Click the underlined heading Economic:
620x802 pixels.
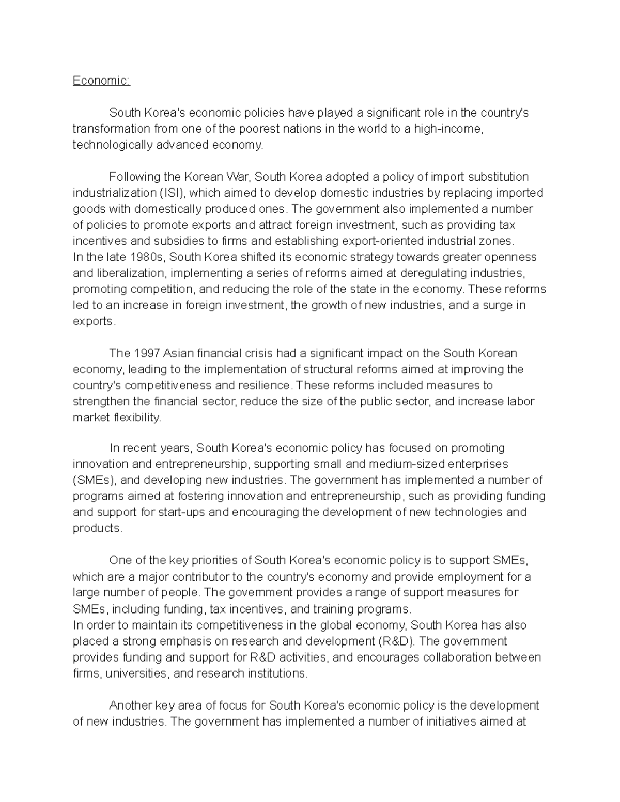101,81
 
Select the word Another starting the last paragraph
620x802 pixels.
130,705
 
